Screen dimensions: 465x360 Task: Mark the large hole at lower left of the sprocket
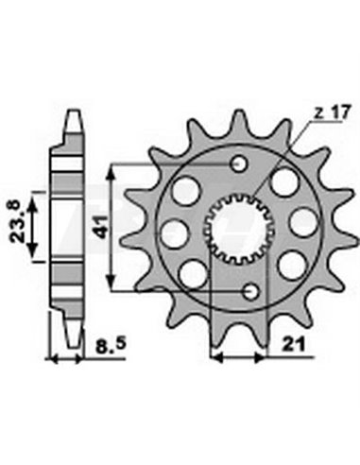pos(193,272)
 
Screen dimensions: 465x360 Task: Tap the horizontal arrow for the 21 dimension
pos(241,359)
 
